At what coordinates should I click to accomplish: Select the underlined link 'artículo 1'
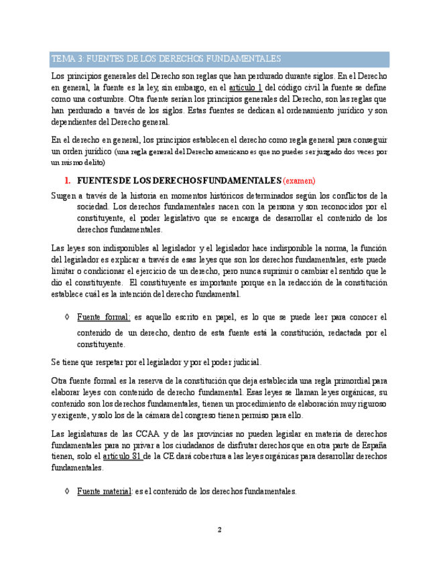(x=245, y=87)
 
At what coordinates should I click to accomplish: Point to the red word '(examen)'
(x=299, y=181)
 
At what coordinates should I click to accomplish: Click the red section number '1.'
(x=67, y=181)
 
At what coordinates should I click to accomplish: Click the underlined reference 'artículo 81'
(x=122, y=456)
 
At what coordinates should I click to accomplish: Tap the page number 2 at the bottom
(x=219, y=529)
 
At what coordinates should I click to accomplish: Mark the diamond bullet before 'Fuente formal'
(x=66, y=317)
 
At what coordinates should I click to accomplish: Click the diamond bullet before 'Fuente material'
(x=66, y=491)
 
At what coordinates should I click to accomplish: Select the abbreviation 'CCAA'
(x=147, y=434)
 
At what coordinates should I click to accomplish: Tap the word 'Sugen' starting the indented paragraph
(x=63, y=196)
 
